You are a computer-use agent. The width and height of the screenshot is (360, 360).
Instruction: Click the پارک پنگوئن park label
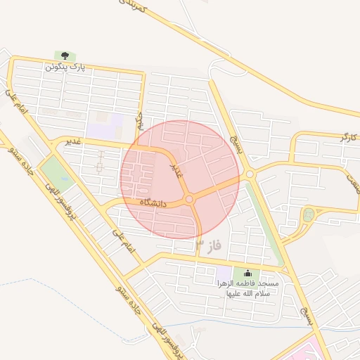(65, 67)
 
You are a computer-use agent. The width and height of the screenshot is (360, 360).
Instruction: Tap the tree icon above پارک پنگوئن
(65, 56)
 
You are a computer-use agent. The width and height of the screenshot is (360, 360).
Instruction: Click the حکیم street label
(140, 121)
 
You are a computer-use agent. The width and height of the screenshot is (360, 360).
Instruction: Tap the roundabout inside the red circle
(189, 200)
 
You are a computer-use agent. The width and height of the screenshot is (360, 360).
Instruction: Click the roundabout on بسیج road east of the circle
(250, 173)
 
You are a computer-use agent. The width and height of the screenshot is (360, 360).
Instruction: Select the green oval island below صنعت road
(307, 214)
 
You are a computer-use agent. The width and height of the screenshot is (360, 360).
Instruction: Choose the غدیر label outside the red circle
(73, 142)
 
